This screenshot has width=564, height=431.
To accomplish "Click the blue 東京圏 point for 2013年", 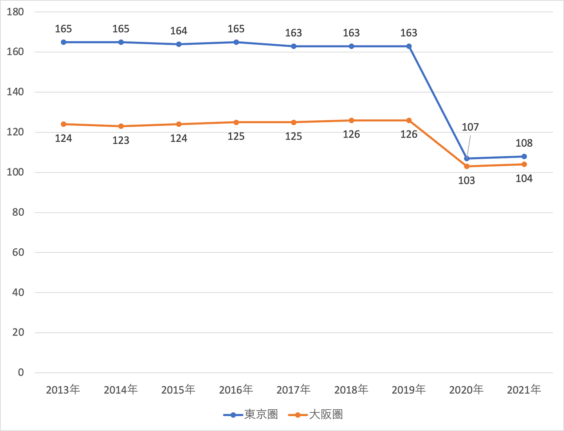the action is (63, 42).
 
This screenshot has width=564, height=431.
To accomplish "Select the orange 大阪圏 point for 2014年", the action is (121, 126).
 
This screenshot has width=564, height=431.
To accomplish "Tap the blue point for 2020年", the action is (467, 158).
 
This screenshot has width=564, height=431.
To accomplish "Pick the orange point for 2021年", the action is (524, 164).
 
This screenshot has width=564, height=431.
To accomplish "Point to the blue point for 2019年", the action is (409, 46).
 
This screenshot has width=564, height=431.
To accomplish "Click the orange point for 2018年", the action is (351, 120).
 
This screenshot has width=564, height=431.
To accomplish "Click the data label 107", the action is (470, 127).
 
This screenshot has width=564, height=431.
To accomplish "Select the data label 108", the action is (524, 143).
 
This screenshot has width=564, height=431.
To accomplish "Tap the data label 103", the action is (467, 181).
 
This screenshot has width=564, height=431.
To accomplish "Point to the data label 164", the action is (179, 31).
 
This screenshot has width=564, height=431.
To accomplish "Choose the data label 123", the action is (121, 141).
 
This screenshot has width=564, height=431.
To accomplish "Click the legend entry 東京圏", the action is (251, 415).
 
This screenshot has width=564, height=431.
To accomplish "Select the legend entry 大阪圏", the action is (315, 415).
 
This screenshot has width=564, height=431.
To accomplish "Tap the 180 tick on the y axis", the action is (15, 12).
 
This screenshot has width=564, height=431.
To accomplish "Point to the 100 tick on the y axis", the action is (15, 172).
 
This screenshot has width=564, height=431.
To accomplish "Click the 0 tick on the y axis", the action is (21, 372).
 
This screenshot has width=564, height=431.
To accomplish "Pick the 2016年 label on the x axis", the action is (236, 390).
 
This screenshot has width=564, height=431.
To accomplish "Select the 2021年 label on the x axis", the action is (524, 390).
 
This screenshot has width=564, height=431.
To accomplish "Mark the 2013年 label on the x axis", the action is (63, 390).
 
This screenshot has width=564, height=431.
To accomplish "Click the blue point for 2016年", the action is (236, 42).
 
